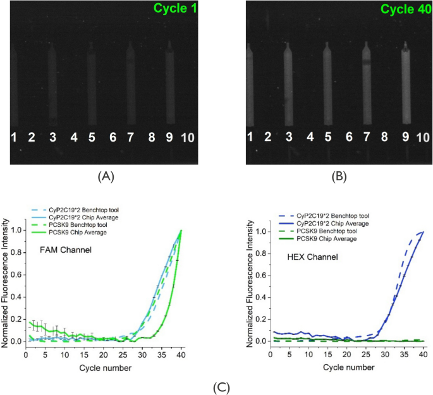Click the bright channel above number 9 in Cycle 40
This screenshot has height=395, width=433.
point(405,82)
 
